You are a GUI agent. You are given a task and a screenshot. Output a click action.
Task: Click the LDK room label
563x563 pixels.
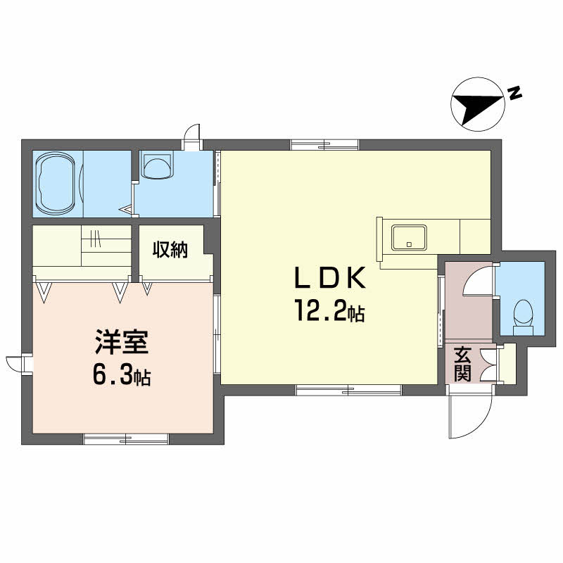(x=329, y=278)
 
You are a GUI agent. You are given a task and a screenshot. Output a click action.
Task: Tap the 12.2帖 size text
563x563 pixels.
(x=329, y=310)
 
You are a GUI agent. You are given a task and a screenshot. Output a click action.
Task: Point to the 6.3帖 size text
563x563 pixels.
(x=122, y=374)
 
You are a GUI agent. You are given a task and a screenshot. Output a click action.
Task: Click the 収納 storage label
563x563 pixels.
(x=170, y=250)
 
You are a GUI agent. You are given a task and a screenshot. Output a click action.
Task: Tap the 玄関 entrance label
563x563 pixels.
(x=462, y=364)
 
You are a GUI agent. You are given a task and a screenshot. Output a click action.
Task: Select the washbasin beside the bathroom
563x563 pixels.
(x=156, y=165)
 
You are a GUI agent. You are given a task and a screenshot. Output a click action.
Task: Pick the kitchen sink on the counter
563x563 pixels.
(x=410, y=237)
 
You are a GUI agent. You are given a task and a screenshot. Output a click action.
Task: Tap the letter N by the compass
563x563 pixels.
(x=514, y=94)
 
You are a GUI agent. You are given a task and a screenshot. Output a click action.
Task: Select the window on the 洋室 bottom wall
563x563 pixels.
(x=126, y=439)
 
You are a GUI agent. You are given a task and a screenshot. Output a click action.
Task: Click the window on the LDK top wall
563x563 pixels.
(x=324, y=145)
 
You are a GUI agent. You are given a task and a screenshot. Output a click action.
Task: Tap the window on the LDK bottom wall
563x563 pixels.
(x=348, y=390)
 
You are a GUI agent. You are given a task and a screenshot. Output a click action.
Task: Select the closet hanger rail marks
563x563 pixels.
(x=96, y=238)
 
